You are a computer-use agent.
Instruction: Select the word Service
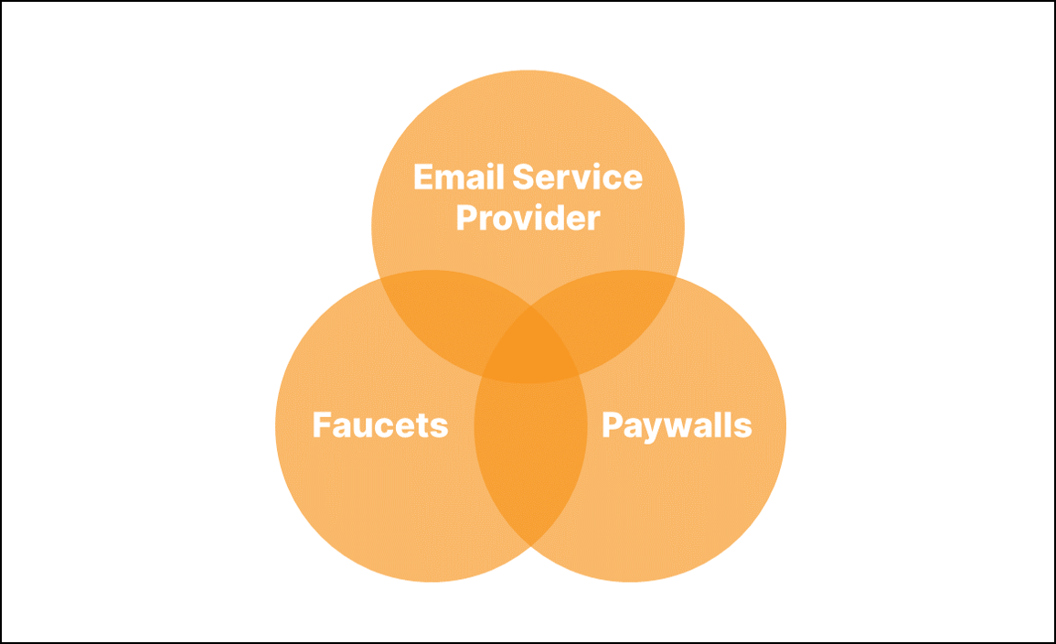577,177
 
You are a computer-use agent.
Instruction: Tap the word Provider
528,219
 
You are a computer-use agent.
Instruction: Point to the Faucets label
380,425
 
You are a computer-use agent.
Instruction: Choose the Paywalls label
677,425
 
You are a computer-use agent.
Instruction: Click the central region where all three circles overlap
529,352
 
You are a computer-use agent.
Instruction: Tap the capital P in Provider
466,219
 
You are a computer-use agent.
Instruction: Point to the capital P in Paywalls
611,425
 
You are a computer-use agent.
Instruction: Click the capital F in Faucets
321,425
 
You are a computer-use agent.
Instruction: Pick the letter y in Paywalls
650,429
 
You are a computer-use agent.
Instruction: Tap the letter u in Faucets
364,427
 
